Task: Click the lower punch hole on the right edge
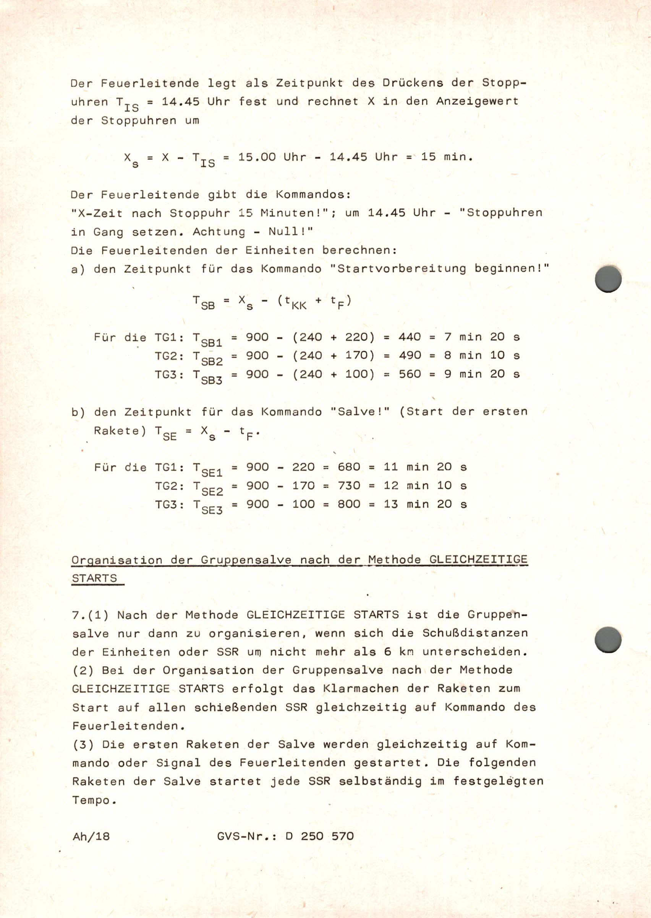[608, 640]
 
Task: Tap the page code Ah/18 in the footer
[91, 836]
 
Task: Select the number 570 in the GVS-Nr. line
[343, 836]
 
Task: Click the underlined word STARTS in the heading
[95, 578]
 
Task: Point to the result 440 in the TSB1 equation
[410, 337]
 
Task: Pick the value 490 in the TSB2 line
[410, 355]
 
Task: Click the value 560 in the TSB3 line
[410, 374]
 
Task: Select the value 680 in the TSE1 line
[349, 467]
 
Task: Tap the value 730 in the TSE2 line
[349, 485]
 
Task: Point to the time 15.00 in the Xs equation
[257, 157]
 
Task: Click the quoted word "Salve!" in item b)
[360, 412]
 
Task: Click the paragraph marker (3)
[83, 745]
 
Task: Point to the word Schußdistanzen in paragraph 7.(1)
[475, 633]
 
